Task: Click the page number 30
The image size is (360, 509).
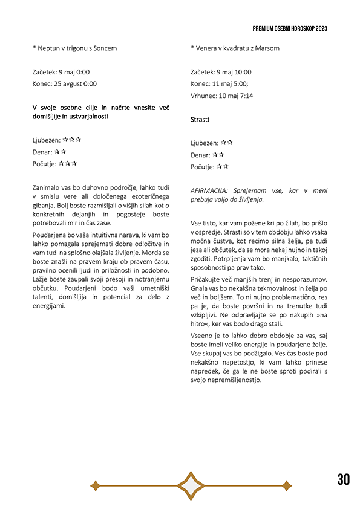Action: point(343,479)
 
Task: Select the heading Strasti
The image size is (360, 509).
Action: point(200,120)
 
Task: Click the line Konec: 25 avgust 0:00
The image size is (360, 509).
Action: point(65,84)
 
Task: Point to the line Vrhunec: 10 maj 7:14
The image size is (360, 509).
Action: point(221,96)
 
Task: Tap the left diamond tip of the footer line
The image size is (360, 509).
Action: point(94,485)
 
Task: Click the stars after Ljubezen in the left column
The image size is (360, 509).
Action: point(71,140)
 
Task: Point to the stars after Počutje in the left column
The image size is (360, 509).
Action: point(68,163)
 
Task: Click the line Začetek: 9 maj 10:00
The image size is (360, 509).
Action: point(221,71)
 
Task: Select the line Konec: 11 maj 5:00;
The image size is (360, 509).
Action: point(219,83)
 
